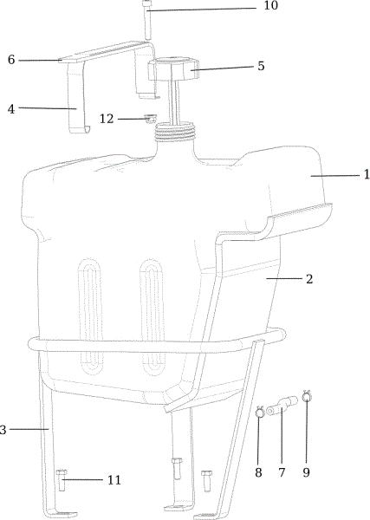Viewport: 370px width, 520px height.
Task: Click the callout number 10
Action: tap(270, 6)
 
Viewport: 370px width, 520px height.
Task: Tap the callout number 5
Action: tap(262, 66)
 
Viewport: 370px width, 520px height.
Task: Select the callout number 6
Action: tap(11, 60)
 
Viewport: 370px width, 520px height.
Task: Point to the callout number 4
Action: tap(11, 109)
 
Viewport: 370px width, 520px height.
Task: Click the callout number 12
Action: tap(107, 119)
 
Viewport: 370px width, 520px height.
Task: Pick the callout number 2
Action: tap(309, 279)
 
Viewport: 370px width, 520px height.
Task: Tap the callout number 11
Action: tap(114, 480)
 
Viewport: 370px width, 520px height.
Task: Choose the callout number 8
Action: tap(258, 472)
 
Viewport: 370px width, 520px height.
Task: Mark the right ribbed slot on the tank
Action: tap(153, 316)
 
